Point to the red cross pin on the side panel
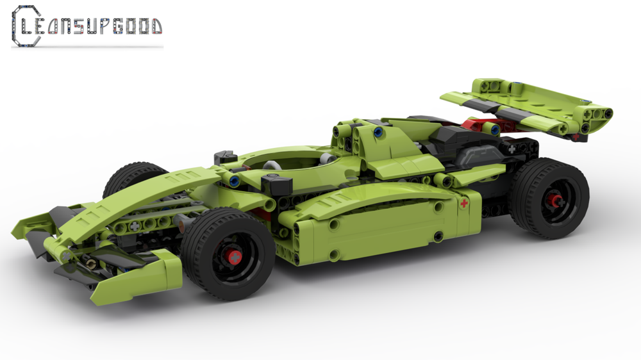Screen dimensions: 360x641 (x=464, y=204)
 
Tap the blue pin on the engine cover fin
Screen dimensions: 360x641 (x=378, y=133)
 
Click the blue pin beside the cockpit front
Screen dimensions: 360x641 (x=235, y=182)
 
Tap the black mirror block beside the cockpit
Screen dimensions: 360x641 (x=277, y=186)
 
